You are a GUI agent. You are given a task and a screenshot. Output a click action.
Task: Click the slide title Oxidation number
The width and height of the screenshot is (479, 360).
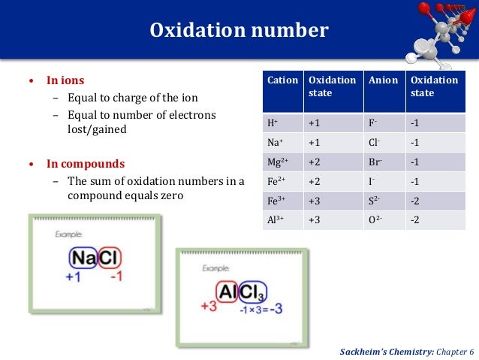(239, 31)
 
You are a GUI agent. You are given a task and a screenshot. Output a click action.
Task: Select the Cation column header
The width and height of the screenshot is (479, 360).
(282, 80)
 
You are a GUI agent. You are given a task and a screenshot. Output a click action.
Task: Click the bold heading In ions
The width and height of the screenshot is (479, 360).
(65, 80)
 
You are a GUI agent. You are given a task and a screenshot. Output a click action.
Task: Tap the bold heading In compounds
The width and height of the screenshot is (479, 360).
(86, 163)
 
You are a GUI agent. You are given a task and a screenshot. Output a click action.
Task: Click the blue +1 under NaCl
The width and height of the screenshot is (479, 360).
(74, 277)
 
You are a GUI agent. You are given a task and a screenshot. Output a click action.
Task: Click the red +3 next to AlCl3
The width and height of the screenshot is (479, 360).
(208, 306)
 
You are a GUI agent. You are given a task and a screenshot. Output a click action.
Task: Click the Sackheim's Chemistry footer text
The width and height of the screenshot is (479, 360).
(406, 351)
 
